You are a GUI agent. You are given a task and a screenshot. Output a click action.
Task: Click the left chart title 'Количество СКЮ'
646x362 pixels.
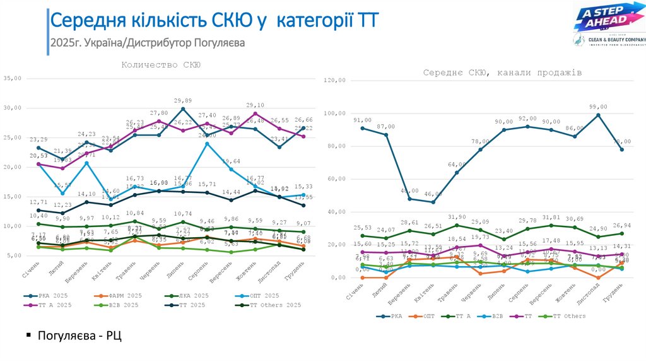(161, 64)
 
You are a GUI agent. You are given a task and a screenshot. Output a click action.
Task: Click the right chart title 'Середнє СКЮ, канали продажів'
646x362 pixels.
(502, 73)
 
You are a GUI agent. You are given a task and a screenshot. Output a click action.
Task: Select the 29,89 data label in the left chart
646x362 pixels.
(182, 101)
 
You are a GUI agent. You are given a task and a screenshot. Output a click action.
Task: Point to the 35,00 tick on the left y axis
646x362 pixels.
(13, 78)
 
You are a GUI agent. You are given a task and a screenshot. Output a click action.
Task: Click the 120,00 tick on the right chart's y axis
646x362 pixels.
(334, 81)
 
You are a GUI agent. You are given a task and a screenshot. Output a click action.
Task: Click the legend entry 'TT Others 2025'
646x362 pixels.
(276, 305)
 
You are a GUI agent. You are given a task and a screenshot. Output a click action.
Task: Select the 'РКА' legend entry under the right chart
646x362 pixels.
(392, 317)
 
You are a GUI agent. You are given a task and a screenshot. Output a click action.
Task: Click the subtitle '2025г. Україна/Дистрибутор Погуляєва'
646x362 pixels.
(147, 43)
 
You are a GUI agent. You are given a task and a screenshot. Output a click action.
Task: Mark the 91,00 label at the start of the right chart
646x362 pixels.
(362, 120)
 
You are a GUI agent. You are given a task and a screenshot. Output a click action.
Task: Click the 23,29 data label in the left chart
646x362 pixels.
(38, 139)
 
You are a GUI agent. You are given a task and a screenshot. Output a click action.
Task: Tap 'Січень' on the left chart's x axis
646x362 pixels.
(33, 269)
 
